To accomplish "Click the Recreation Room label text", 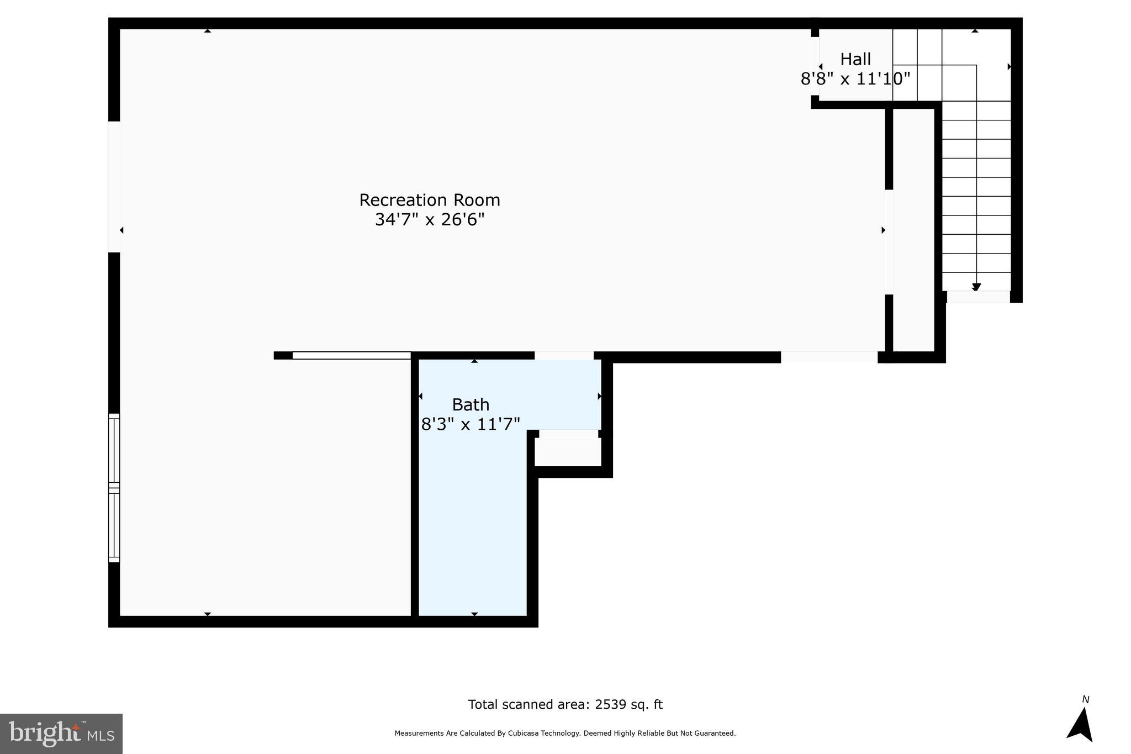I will click(x=430, y=200).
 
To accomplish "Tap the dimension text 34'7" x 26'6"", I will click(x=430, y=220).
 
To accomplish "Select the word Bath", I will click(x=471, y=405).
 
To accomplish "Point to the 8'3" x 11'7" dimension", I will click(x=471, y=424).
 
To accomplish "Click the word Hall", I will click(x=855, y=59).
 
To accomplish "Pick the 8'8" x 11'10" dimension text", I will click(x=855, y=79).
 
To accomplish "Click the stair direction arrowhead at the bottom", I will click(x=976, y=287).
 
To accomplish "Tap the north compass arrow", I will click(x=1081, y=725).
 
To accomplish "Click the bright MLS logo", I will click(x=61, y=734).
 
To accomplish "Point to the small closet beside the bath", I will click(x=568, y=452).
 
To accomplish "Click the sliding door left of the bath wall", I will click(x=351, y=355).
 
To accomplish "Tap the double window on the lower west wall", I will click(x=114, y=488).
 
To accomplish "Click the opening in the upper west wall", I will click(x=114, y=187).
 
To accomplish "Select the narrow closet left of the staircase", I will click(x=913, y=229).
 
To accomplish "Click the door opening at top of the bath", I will click(x=564, y=356).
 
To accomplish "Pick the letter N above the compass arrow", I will click(x=1085, y=700).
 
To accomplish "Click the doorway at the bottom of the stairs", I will click(x=978, y=297).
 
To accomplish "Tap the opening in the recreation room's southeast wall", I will click(x=828, y=357).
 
